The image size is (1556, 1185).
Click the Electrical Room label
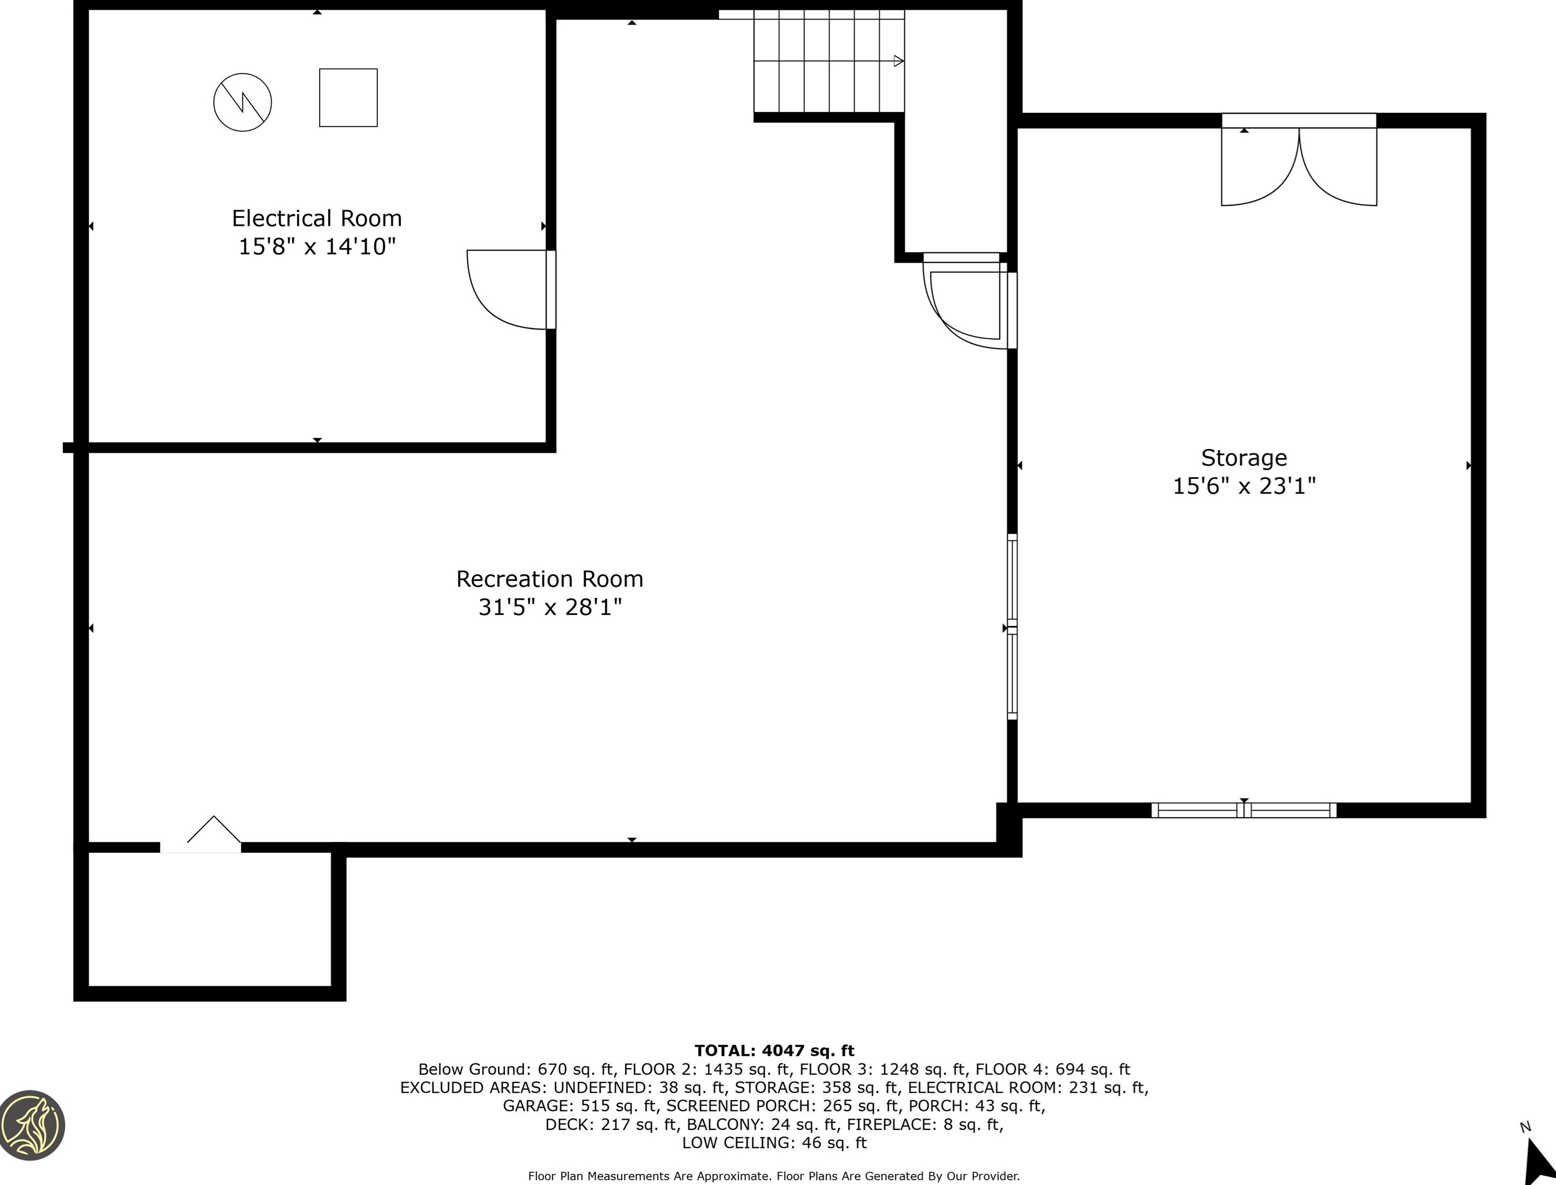click(316, 218)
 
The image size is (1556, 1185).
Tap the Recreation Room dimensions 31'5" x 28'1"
click(550, 607)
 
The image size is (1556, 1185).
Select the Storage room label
click(1244, 458)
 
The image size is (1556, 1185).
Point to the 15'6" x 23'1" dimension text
click(1244, 486)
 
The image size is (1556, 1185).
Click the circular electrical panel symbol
click(243, 102)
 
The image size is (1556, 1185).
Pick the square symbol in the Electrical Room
click(348, 97)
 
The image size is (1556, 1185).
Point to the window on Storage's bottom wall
click(1244, 811)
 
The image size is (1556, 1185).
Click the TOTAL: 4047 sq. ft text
click(774, 1051)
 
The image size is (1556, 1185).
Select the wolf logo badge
click(32, 1124)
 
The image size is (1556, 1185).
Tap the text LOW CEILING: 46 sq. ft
click(774, 1143)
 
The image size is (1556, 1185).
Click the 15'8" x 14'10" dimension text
click(316, 247)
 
